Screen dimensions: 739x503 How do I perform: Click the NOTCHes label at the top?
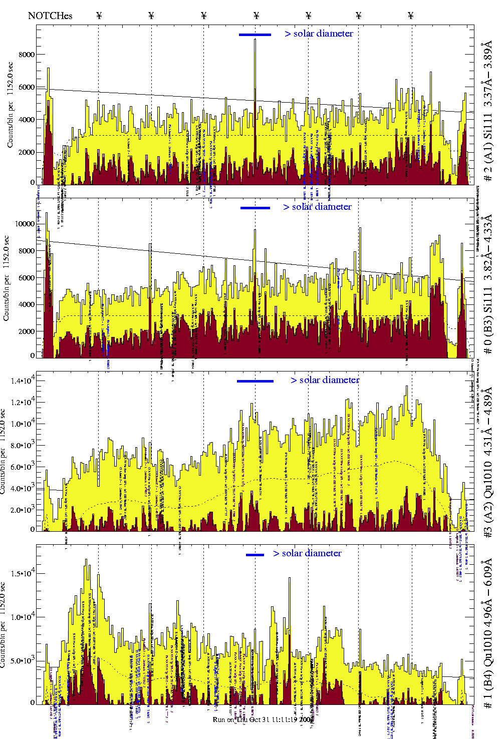point(50,16)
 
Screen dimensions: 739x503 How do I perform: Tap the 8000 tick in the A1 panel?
point(27,55)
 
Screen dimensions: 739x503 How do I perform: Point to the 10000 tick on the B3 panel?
point(25,224)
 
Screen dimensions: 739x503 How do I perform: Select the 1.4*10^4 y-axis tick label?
point(23,381)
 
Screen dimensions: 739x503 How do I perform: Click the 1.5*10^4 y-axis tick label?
point(23,573)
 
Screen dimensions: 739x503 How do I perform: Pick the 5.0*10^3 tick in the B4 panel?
point(23,660)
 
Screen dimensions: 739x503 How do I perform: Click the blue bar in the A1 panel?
point(255,35)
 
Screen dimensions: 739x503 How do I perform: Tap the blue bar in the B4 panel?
point(255,555)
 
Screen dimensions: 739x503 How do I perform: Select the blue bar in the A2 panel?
point(255,381)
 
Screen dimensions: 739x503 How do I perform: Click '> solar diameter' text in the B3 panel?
point(317,207)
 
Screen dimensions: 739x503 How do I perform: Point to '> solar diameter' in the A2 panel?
point(325,380)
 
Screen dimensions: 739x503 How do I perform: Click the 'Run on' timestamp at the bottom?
point(255,719)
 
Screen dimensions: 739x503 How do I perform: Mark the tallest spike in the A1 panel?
point(255,40)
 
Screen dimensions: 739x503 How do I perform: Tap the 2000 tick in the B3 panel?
point(25,331)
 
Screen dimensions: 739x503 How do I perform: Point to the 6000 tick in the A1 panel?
point(27,87)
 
